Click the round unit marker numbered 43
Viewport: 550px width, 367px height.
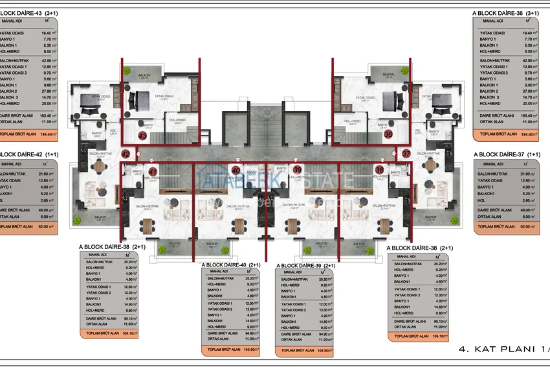pyautogui.click(x=142, y=136)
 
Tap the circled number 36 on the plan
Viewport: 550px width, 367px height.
pyautogui.click(x=388, y=136)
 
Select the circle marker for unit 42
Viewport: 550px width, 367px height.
pyautogui.click(x=126, y=154)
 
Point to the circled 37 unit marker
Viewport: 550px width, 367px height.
pyautogui.click(x=406, y=154)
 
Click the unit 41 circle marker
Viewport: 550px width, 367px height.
pyautogui.click(x=153, y=172)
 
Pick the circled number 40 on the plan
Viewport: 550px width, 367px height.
pyautogui.click(x=236, y=171)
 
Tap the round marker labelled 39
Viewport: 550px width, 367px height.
pyautogui.click(x=297, y=170)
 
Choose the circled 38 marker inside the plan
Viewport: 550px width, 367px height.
pyautogui.click(x=379, y=171)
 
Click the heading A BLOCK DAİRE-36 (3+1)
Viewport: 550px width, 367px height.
pyautogui.click(x=507, y=13)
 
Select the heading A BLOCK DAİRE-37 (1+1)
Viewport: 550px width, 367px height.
pyautogui.click(x=507, y=154)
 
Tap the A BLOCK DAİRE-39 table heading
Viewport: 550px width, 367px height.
pyautogui.click(x=305, y=266)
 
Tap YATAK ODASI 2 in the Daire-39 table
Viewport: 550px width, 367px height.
pyautogui.click(x=294, y=309)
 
